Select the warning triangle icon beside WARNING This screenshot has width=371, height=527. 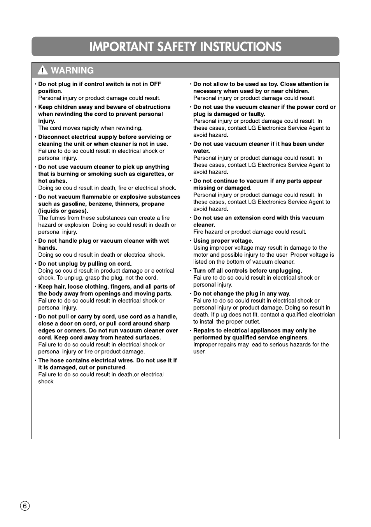click(x=43, y=70)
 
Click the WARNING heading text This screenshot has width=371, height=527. click(x=72, y=70)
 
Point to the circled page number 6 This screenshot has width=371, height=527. click(x=24, y=506)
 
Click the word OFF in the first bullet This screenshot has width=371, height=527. click(x=155, y=84)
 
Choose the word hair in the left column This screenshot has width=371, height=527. click(x=59, y=287)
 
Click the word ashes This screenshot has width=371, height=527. click(x=57, y=181)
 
